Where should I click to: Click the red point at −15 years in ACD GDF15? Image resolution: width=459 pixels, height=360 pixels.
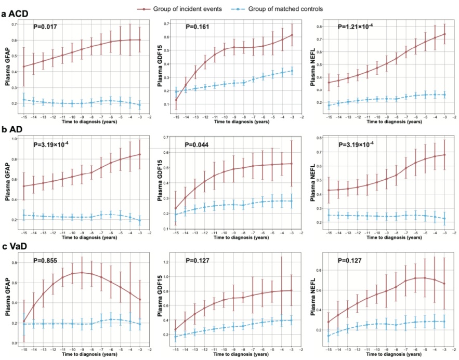(177, 100)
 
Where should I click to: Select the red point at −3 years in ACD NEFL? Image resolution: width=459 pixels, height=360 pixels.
(445, 34)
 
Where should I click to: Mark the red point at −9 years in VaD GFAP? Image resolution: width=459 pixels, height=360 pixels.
(82, 272)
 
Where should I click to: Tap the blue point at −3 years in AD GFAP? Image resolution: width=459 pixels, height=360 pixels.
(140, 220)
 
